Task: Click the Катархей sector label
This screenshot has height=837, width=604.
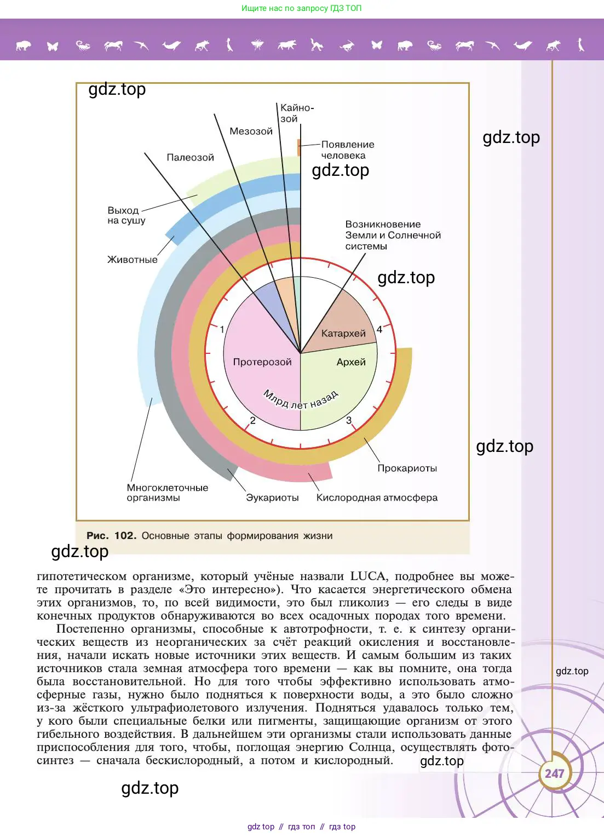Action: click(x=343, y=333)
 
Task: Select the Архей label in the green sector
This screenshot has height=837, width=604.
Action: click(x=351, y=362)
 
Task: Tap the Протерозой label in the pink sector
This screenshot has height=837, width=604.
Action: click(x=262, y=362)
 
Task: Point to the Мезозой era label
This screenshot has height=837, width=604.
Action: click(x=251, y=131)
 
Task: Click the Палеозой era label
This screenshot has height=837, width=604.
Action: click(x=190, y=158)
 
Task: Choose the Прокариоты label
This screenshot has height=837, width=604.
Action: click(x=407, y=468)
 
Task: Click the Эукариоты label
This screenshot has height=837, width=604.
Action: click(x=272, y=498)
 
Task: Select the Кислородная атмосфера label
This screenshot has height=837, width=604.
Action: click(x=377, y=498)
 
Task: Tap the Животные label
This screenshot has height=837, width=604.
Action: click(x=132, y=260)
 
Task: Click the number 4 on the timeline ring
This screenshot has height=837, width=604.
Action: click(x=379, y=329)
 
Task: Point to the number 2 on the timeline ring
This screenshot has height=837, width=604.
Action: click(x=252, y=421)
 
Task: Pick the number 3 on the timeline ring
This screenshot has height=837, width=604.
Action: click(x=349, y=421)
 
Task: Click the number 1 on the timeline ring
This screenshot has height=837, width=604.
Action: click(x=222, y=329)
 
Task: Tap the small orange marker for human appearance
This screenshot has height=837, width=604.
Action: click(x=299, y=147)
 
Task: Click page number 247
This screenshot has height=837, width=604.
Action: click(x=554, y=773)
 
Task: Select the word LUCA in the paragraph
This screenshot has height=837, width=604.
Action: click(x=369, y=576)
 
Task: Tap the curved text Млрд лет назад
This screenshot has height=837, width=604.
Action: click(x=301, y=400)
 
